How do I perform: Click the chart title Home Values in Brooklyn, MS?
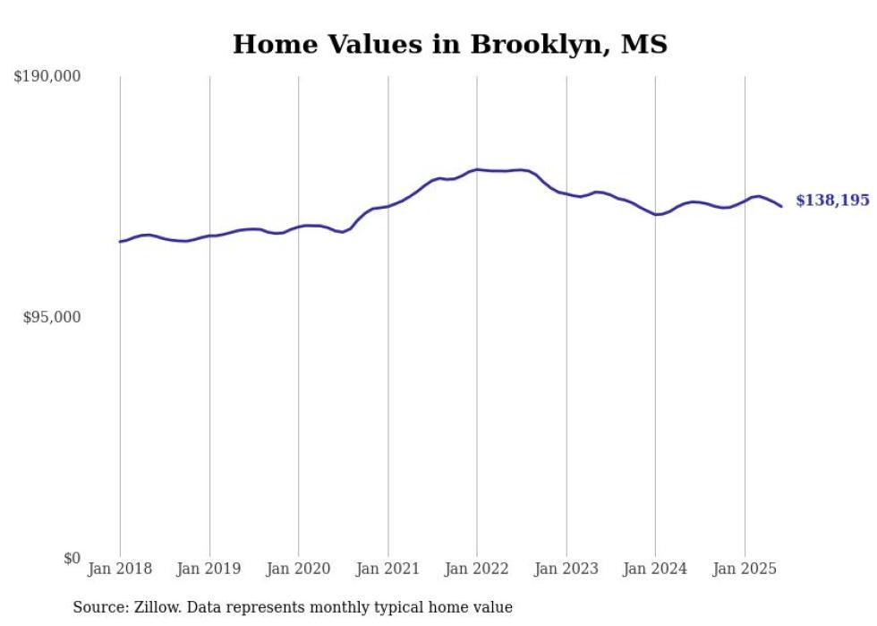pyautogui.click(x=449, y=44)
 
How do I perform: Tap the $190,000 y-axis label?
pyautogui.click(x=47, y=77)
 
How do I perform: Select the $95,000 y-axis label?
pyautogui.click(x=51, y=317)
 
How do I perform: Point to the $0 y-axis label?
pyautogui.click(x=72, y=558)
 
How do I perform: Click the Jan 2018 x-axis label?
pyautogui.click(x=120, y=569)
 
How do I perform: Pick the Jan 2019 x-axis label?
pyautogui.click(x=209, y=569)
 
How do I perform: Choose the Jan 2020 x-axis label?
pyautogui.click(x=298, y=569)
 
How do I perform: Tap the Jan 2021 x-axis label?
pyautogui.click(x=387, y=569)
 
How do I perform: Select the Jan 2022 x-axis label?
pyautogui.click(x=477, y=569)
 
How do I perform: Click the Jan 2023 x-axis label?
pyautogui.click(x=566, y=569)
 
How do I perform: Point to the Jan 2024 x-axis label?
pyautogui.click(x=655, y=569)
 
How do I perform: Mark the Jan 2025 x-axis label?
pyautogui.click(x=745, y=569)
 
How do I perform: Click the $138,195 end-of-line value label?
pyautogui.click(x=832, y=201)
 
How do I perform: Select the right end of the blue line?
pyautogui.click(x=781, y=206)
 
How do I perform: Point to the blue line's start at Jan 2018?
pyautogui.click(x=120, y=241)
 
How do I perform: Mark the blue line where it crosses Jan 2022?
pyautogui.click(x=477, y=169)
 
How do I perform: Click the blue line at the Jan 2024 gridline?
pyautogui.click(x=655, y=214)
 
